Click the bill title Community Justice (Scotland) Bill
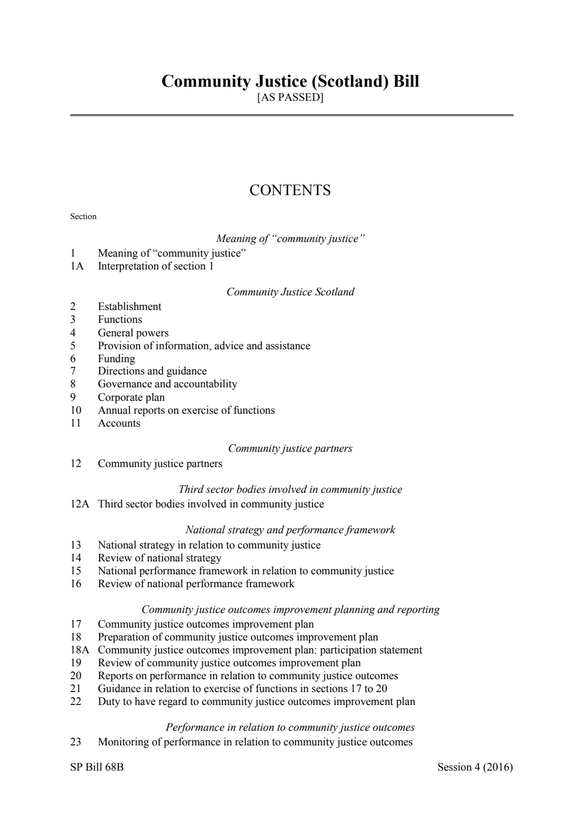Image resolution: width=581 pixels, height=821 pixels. pos(290,81)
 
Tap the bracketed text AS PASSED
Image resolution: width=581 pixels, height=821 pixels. pos(290,97)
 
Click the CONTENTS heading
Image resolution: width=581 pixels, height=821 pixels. pos(290,190)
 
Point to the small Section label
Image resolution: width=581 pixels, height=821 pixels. pos(83,216)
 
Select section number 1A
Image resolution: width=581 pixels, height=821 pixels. pos(77,266)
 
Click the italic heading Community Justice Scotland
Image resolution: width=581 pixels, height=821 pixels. pos(290,292)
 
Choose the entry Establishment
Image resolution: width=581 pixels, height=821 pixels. pos(130,306)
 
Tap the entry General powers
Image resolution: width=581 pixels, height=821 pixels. pos(133,333)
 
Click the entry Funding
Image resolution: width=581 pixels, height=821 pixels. pos(116,359)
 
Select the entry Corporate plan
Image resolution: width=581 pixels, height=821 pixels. pos(131,397)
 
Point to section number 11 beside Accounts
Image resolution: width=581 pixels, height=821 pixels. pos(76,423)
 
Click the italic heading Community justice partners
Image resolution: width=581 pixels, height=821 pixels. pos(290,448)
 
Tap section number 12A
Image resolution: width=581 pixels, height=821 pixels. pos(80,504)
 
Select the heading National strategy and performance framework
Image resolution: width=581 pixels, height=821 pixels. pos(290,530)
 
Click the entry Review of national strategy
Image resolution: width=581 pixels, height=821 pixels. pos(159,558)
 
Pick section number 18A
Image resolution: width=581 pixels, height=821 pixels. pos(80,650)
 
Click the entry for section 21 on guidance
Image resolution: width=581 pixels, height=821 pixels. pos(242,689)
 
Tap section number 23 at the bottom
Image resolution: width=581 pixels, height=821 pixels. pos(76,742)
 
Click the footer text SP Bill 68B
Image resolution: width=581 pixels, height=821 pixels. pos(97,767)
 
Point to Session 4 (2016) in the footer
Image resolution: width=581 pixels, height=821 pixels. pos(475,767)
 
